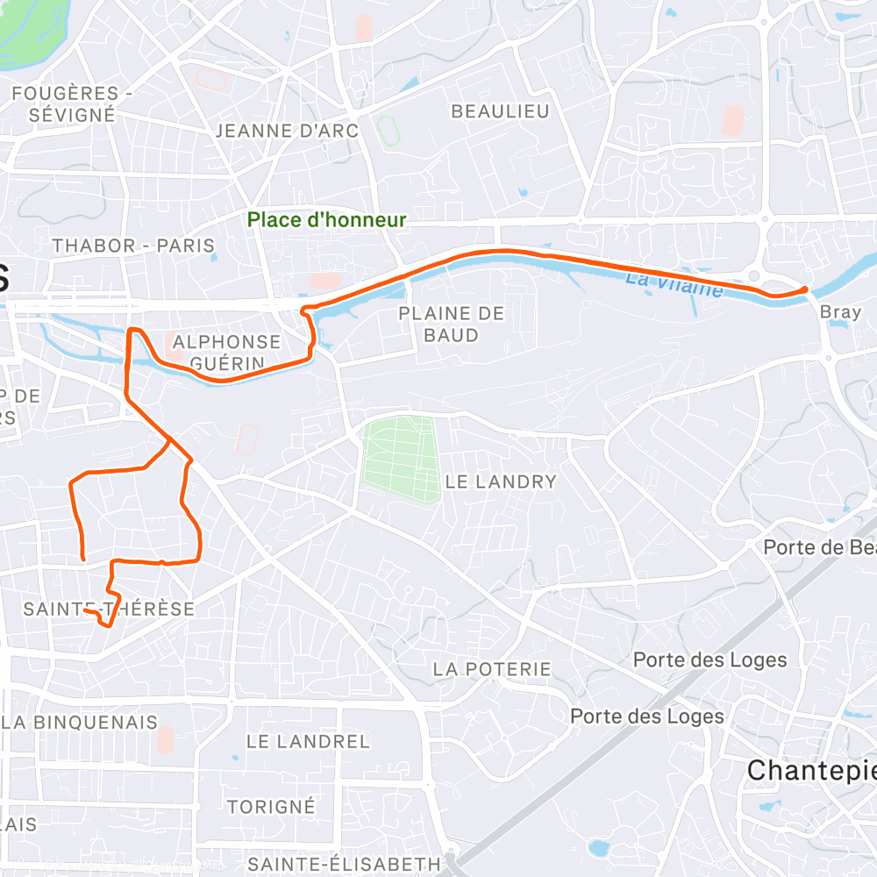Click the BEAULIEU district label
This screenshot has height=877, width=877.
500,111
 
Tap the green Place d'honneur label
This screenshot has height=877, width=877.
326,220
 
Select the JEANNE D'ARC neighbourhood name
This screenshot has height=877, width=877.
287,131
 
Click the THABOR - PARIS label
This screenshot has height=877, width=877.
133,246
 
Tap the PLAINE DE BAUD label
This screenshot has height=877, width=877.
452,324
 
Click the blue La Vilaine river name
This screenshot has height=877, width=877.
674,284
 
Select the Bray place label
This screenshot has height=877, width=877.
840,312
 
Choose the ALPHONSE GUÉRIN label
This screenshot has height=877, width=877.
227,352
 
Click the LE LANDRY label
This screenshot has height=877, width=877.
501,481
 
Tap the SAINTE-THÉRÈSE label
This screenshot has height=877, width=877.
109,609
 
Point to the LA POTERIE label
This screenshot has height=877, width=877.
492,669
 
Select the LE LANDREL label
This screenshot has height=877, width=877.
308,741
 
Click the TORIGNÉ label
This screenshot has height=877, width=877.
271,806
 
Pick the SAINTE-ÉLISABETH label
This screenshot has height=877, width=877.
344,864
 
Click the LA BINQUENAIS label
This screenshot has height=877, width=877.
79,723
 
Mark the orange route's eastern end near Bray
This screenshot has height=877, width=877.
805,289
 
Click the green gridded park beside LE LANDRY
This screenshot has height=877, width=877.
401,460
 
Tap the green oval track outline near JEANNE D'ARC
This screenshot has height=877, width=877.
387,131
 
